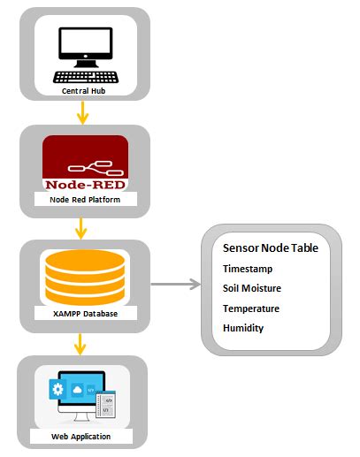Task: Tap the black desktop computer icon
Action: [x=85, y=50]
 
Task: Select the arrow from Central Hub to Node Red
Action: [x=83, y=112]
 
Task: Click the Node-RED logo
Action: [x=85, y=164]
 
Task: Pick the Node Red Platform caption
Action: [x=85, y=200]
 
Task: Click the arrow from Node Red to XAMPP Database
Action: [x=83, y=228]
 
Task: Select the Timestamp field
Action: [x=248, y=269]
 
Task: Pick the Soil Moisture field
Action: [x=253, y=288]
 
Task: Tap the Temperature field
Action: [x=251, y=308]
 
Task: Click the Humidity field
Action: [x=243, y=328]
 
